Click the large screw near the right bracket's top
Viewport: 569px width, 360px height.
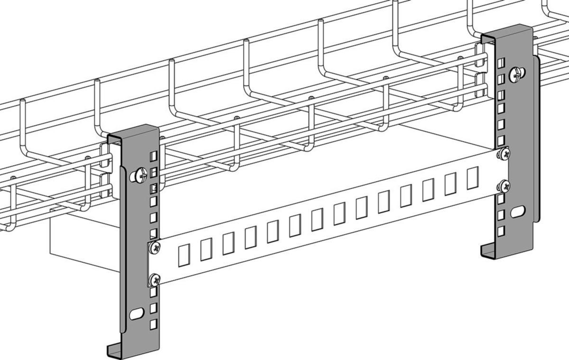pyautogui.click(x=517, y=74)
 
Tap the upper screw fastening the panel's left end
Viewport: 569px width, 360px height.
pyautogui.click(x=154, y=247)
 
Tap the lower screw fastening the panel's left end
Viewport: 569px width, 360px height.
pyautogui.click(x=154, y=279)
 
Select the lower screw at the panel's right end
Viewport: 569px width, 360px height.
pyautogui.click(x=505, y=186)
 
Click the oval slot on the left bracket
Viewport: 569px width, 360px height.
pyautogui.click(x=137, y=313)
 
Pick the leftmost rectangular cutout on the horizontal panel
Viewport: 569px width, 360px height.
pyautogui.click(x=184, y=255)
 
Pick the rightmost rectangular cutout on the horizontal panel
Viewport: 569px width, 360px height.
pyautogui.click(x=472, y=178)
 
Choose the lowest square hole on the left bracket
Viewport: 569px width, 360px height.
pyautogui.click(x=153, y=324)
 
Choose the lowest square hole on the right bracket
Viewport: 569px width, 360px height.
pyautogui.click(x=501, y=231)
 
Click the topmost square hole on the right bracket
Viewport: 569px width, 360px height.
pyautogui.click(x=501, y=64)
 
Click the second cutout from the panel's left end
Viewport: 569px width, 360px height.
pyautogui.click(x=206, y=249)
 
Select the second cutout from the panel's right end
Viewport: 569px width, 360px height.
pyautogui.click(x=450, y=184)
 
